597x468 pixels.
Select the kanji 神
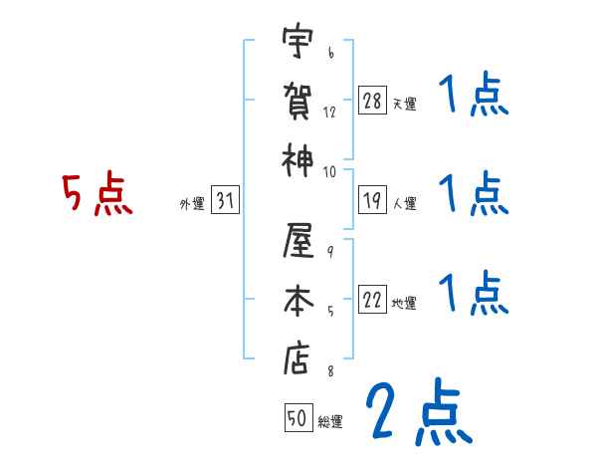click(x=297, y=158)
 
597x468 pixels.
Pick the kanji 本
click(x=297, y=302)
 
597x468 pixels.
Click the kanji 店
click(x=297, y=358)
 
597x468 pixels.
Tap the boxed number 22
click(x=373, y=301)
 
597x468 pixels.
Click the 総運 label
click(x=329, y=422)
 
